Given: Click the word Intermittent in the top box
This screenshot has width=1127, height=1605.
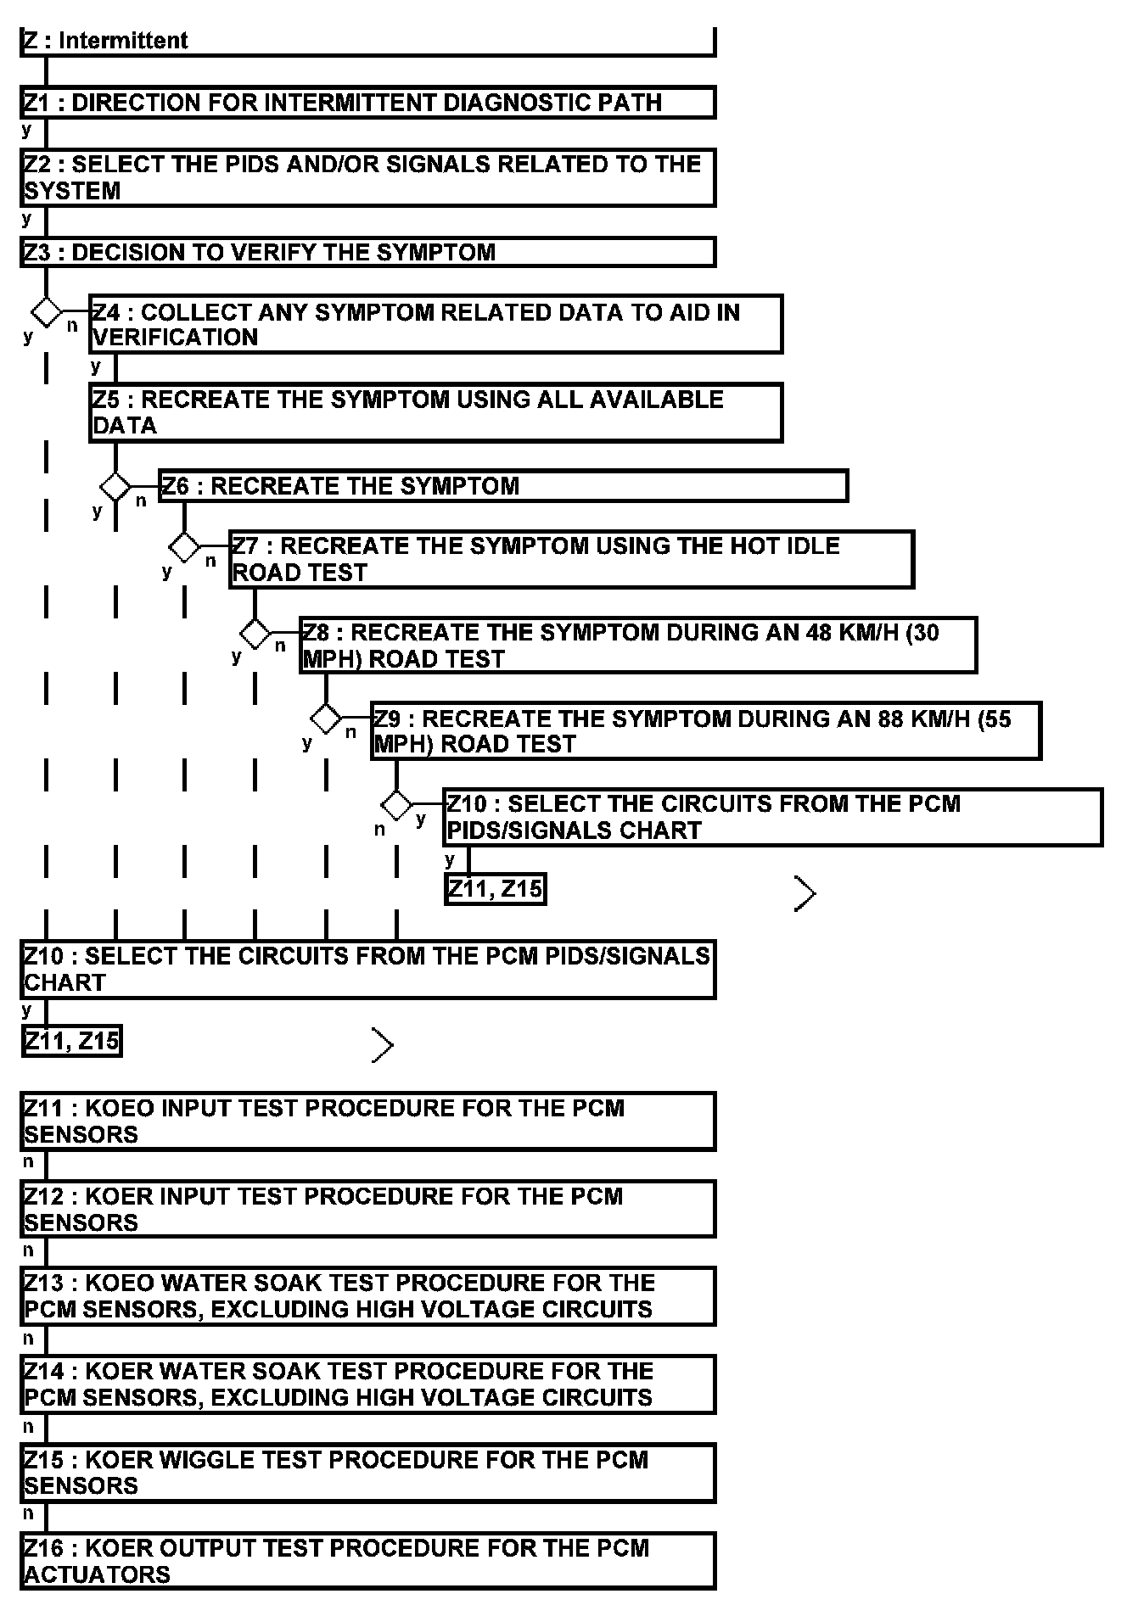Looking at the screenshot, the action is coord(123,41).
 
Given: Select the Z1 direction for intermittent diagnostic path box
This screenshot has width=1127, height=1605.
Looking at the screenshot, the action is coord(367,103).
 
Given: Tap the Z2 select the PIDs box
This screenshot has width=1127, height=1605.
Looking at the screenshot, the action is coord(367,177).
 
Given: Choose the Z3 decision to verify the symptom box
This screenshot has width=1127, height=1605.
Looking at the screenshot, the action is coord(367,253).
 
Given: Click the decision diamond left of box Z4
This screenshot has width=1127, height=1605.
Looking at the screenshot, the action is coord(46,311).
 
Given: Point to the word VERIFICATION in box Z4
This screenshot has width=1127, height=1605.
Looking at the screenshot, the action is coord(176,338).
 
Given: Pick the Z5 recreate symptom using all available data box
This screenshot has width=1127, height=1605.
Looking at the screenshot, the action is coord(435,412).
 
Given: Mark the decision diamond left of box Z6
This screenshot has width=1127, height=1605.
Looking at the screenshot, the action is coord(115,487).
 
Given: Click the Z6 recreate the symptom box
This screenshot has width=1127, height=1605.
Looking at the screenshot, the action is coord(503,486).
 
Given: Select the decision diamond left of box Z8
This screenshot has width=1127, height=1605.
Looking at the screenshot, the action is coord(255,633).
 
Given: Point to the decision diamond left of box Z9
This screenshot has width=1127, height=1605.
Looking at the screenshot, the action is coord(326,719).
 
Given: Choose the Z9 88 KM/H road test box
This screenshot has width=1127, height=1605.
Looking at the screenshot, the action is coord(705,731).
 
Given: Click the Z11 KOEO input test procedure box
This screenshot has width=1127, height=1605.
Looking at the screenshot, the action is coord(367,1121).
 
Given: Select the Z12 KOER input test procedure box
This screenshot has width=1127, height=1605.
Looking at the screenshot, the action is coord(367,1209).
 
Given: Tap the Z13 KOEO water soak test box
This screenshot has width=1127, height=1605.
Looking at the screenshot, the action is coord(367,1296).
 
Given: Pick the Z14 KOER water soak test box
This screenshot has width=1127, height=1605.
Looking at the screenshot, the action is coord(367,1384).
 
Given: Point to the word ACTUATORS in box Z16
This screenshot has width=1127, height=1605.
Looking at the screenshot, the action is coord(98,1574).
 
